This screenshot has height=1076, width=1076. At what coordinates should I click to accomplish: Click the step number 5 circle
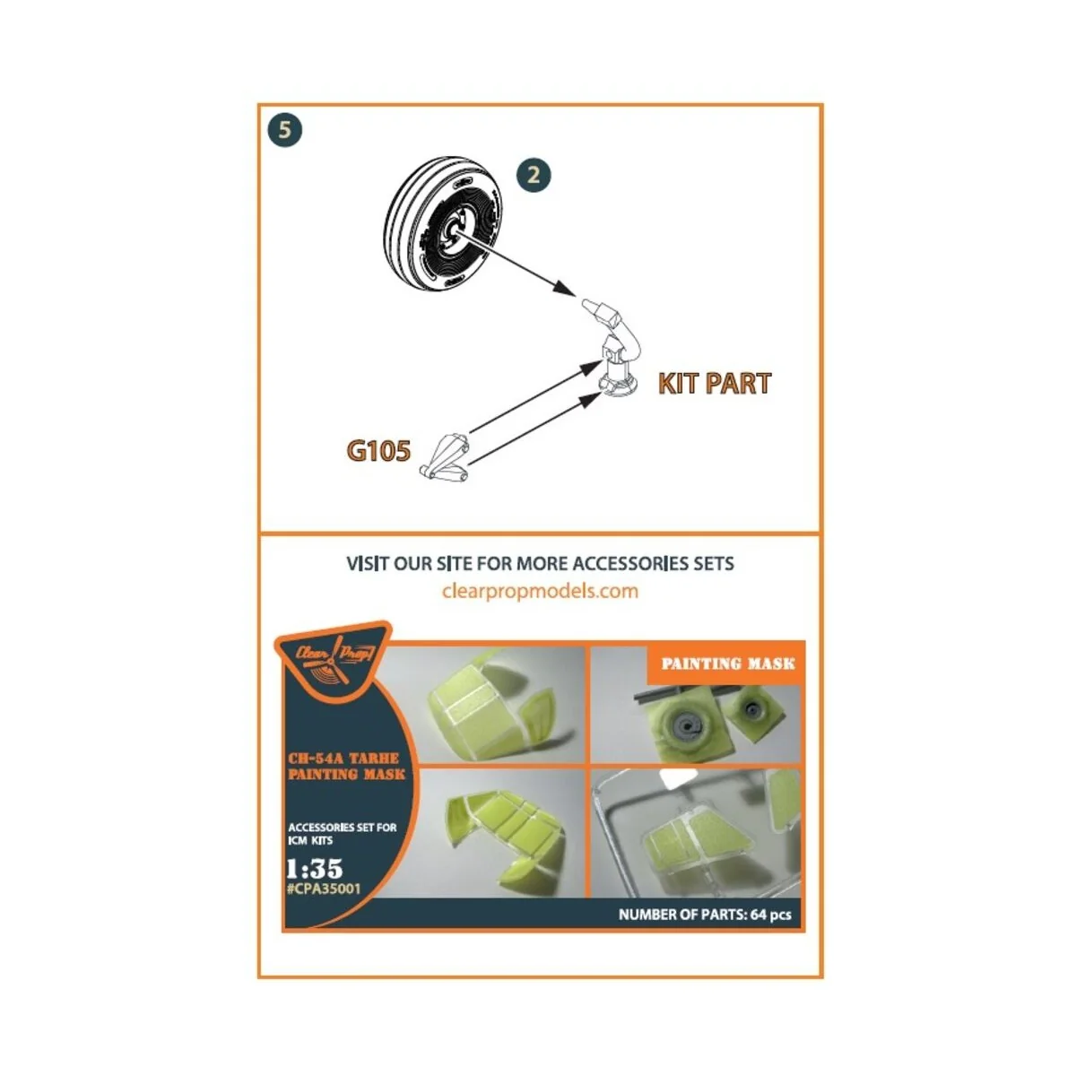click(x=284, y=130)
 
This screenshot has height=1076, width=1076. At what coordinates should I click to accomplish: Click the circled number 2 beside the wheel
click(x=534, y=175)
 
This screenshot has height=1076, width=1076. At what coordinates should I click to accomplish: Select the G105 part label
click(x=378, y=450)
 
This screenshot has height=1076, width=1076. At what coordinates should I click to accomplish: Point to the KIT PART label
click(x=715, y=384)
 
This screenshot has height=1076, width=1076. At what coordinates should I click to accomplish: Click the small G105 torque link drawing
click(x=445, y=457)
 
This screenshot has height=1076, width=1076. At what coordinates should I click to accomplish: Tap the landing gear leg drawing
click(x=613, y=354)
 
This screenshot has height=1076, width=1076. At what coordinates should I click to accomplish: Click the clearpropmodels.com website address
click(x=540, y=591)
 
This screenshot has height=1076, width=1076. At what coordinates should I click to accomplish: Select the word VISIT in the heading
click(x=368, y=564)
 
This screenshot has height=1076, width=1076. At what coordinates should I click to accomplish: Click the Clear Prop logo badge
click(x=333, y=659)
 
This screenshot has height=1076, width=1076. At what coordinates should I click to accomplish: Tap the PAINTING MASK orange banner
click(x=727, y=664)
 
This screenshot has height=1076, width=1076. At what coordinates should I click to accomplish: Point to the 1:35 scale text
click(x=314, y=868)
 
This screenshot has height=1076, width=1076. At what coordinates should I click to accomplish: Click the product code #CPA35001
click(x=324, y=889)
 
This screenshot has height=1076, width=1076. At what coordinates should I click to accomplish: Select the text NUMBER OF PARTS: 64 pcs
click(x=705, y=915)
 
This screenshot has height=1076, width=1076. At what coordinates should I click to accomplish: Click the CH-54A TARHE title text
click(x=343, y=759)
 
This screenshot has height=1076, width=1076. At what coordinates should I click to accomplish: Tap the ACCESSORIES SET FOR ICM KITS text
click(x=342, y=833)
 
